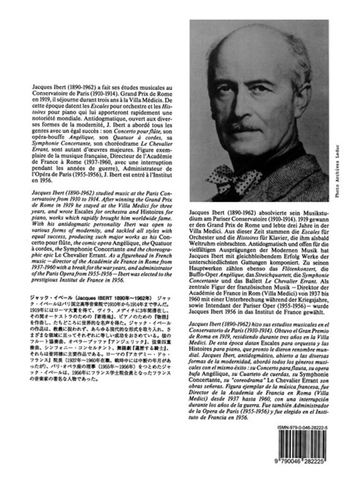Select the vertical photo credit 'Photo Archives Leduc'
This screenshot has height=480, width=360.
click(350, 171)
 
